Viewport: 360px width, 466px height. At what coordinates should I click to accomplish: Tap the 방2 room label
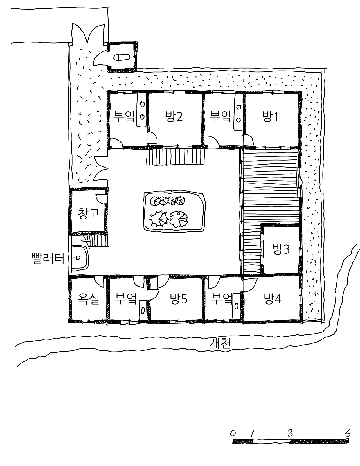pyautogui.click(x=174, y=116)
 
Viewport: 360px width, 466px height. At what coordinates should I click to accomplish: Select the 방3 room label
pyautogui.click(x=281, y=249)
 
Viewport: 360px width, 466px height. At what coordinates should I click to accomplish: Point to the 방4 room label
pyautogui.click(x=272, y=299)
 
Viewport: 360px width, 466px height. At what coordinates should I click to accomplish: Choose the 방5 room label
pyautogui.click(x=178, y=299)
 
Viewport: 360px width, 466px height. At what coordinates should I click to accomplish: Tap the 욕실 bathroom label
pyautogui.click(x=88, y=299)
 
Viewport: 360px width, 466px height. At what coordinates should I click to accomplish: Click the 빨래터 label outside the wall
pyautogui.click(x=48, y=258)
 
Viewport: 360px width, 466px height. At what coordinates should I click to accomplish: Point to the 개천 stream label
pyautogui.click(x=220, y=343)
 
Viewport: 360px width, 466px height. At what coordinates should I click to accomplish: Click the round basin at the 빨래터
pyautogui.click(x=78, y=258)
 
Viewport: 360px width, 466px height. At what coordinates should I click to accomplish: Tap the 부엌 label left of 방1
pyautogui.click(x=220, y=116)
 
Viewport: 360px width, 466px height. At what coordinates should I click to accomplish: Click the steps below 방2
pyautogui.click(x=176, y=157)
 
